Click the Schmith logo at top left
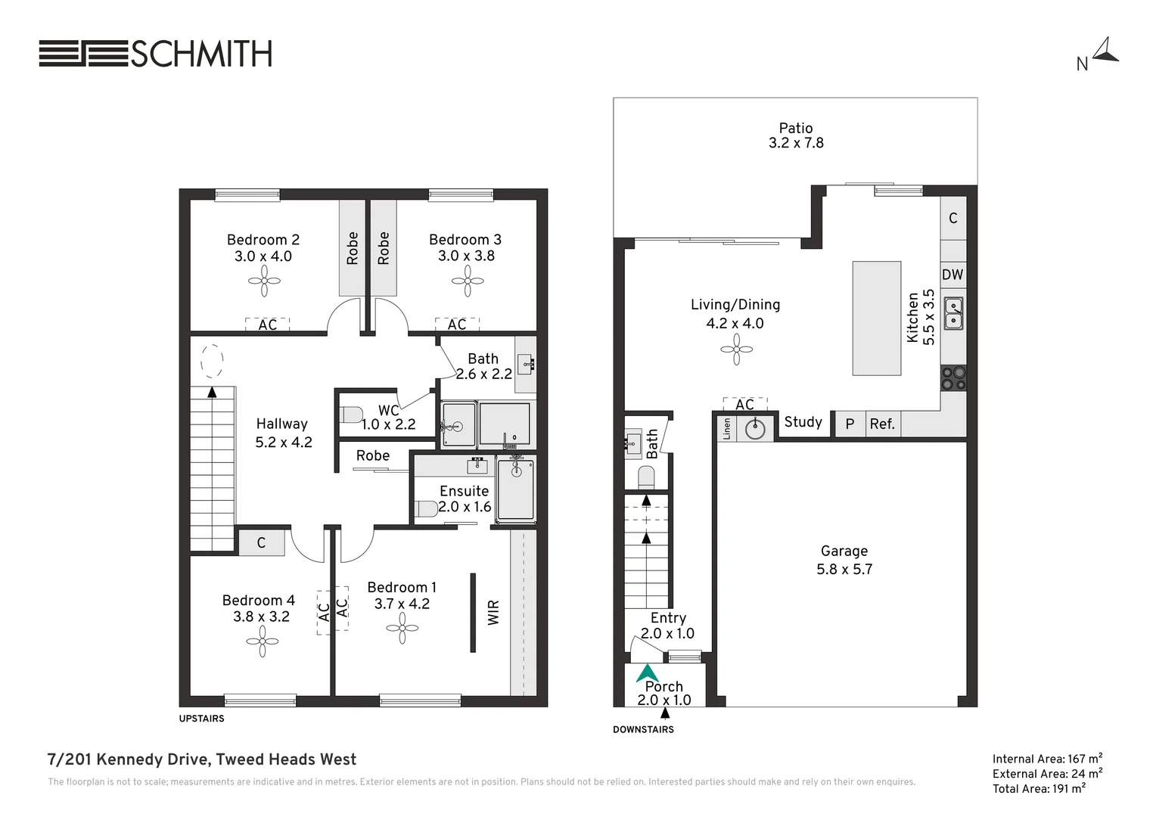pos(155,54)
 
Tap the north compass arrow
pos(1106,51)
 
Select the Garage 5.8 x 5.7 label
pos(844,561)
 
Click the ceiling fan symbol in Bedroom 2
pos(264,281)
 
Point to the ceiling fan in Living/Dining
pos(736,349)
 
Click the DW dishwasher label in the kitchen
pos(952,275)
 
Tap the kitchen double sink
pos(954,313)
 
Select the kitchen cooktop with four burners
pos(953,377)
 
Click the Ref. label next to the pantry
pos(882,424)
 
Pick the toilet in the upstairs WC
pos(351,415)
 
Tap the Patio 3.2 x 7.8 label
pos(796,135)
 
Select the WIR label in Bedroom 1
pos(493,612)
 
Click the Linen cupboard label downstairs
pos(727,429)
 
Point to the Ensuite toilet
pos(426,508)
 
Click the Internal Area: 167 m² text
pos(1047,759)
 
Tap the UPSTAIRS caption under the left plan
pos(201,719)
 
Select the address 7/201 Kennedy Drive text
pos(201,760)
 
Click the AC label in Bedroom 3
pos(457,325)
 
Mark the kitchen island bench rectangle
pos(876,318)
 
